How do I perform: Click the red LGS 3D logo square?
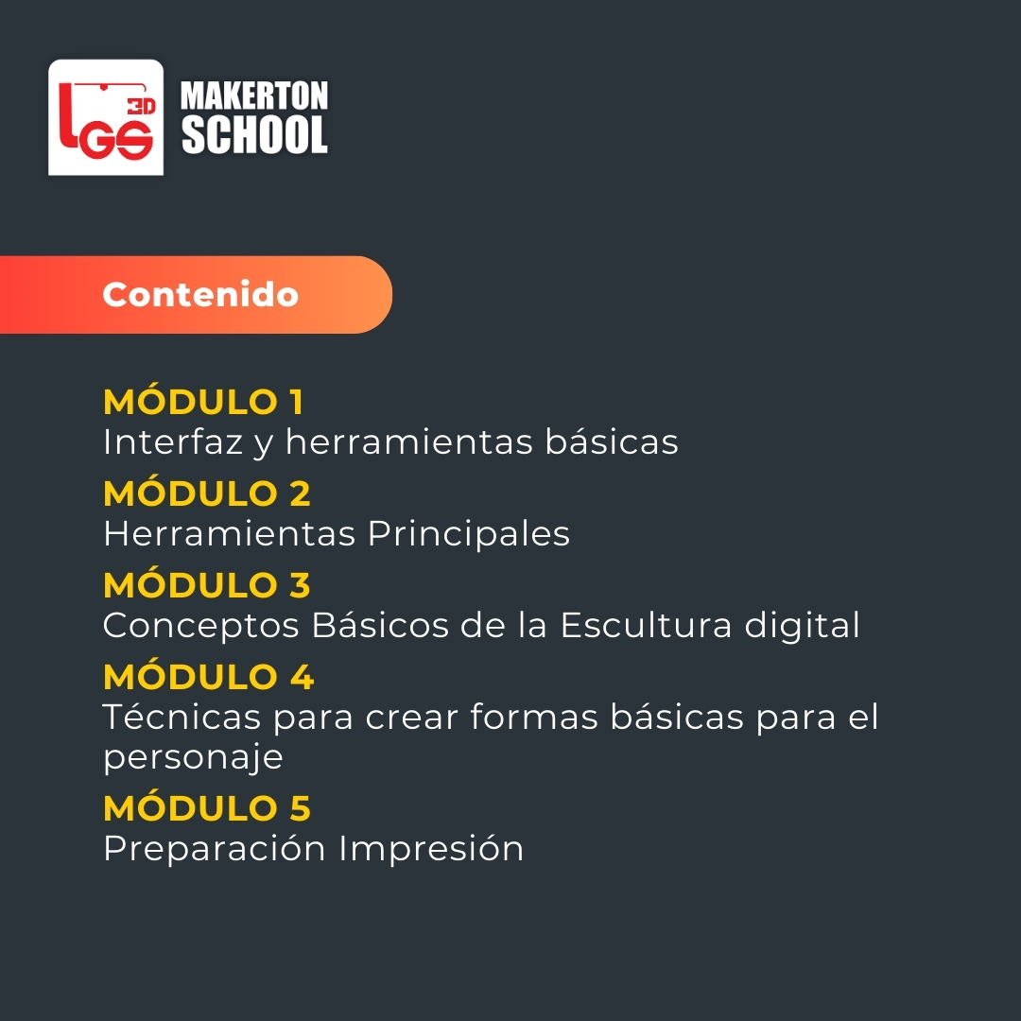click(x=106, y=117)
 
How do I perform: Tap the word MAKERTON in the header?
click(x=254, y=96)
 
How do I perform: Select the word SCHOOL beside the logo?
click(x=254, y=135)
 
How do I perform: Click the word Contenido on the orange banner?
click(x=200, y=294)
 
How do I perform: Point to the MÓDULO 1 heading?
click(x=203, y=402)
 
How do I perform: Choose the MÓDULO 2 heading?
click(x=207, y=493)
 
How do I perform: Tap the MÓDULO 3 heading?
click(x=207, y=585)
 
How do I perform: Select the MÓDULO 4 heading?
click(x=208, y=677)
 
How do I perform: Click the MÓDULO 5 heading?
click(x=207, y=808)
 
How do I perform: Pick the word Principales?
click(x=469, y=534)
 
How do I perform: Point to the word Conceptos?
click(x=201, y=627)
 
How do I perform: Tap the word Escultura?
click(x=646, y=626)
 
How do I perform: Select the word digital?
click(x=802, y=627)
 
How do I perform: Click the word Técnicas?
click(x=182, y=717)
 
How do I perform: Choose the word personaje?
click(x=193, y=758)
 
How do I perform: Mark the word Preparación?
click(x=215, y=849)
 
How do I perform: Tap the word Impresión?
click(x=431, y=848)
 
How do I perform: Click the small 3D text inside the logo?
click(x=141, y=106)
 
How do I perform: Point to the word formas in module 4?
click(x=534, y=717)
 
